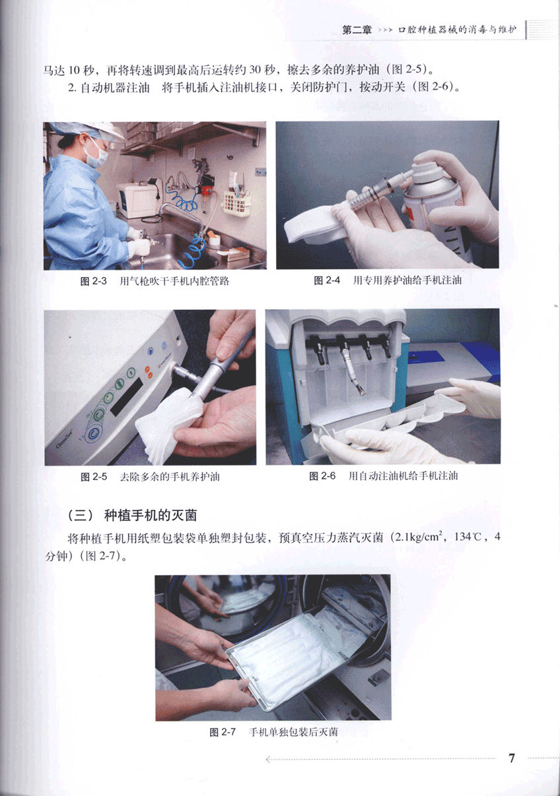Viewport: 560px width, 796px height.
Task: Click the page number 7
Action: (512, 758)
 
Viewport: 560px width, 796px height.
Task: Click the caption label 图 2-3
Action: (94, 282)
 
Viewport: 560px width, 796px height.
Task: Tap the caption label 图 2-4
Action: (327, 280)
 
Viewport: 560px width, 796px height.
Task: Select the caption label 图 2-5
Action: (94, 477)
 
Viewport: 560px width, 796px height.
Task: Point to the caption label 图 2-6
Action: (322, 476)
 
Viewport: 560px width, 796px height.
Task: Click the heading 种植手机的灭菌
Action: (151, 515)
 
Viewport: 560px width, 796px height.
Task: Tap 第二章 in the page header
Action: (357, 30)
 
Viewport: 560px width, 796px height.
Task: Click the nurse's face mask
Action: (96, 157)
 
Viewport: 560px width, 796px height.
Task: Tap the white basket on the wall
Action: (236, 204)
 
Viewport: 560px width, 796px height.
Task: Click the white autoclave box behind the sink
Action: (138, 200)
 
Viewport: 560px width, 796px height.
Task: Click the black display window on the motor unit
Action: (127, 397)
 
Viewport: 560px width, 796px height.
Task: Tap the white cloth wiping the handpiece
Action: (169, 423)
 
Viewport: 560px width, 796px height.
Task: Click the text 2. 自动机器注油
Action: (108, 88)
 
